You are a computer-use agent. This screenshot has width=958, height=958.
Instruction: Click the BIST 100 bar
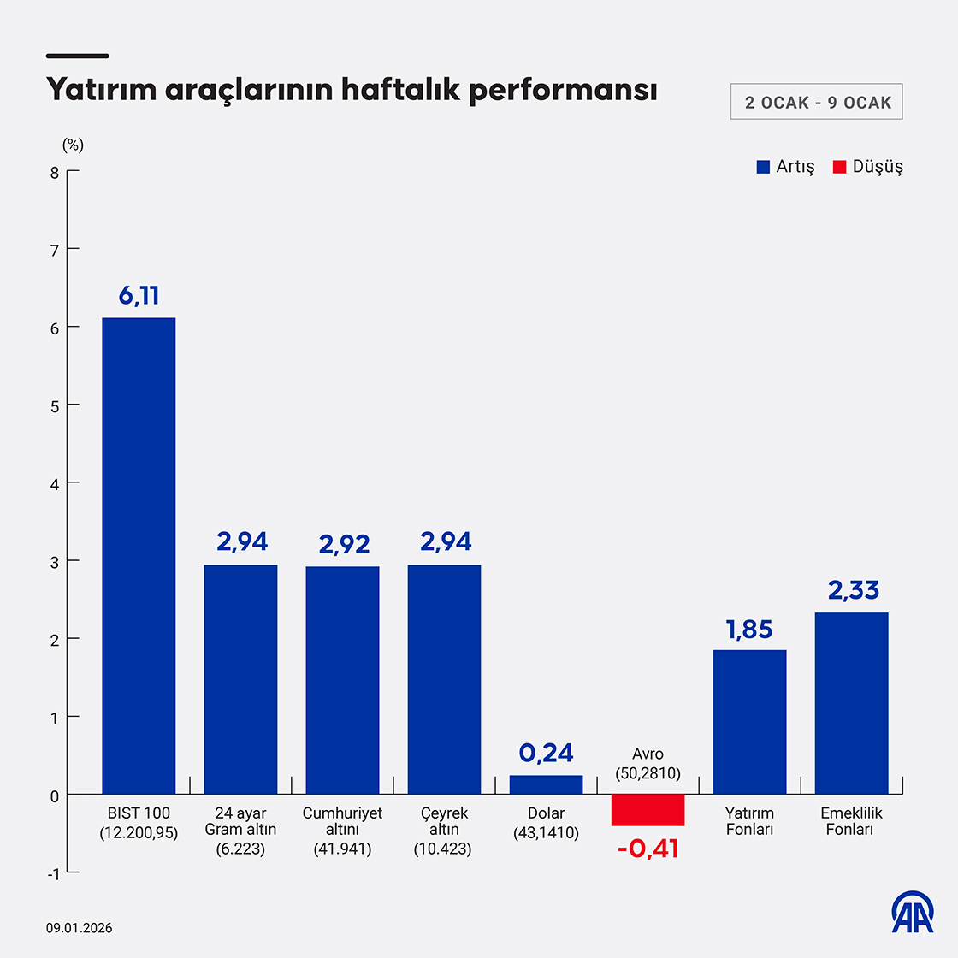tap(139, 556)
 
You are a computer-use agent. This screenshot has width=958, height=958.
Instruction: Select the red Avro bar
tap(648, 809)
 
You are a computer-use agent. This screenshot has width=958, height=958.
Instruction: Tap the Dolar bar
tap(546, 784)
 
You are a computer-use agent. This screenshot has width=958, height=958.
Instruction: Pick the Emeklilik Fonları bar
tap(851, 703)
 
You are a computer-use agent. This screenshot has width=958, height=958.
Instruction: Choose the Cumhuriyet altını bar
tap(342, 680)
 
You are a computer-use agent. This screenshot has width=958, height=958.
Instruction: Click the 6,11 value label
tap(139, 296)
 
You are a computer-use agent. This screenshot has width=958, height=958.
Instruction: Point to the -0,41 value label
tap(648, 849)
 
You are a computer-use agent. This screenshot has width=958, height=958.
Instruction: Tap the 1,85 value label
tap(749, 630)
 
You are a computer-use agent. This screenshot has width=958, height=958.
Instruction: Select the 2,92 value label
tap(344, 544)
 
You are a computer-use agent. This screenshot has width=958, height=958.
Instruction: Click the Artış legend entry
tap(786, 167)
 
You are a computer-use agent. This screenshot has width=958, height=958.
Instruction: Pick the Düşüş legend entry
tap(868, 167)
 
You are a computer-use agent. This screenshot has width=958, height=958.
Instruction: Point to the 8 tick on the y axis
tap(55, 172)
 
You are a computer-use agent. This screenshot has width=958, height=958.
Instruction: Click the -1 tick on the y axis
tap(53, 873)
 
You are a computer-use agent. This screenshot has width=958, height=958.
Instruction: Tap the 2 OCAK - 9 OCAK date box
tap(817, 103)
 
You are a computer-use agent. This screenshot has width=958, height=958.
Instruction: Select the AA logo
tap(913, 912)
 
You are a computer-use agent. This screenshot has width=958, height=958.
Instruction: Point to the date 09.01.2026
tap(80, 928)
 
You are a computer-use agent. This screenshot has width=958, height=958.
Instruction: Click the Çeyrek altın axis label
tap(444, 830)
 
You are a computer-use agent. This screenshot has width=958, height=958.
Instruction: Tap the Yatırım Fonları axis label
tap(749, 821)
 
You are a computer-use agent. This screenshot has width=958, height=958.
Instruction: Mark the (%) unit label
tap(73, 145)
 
